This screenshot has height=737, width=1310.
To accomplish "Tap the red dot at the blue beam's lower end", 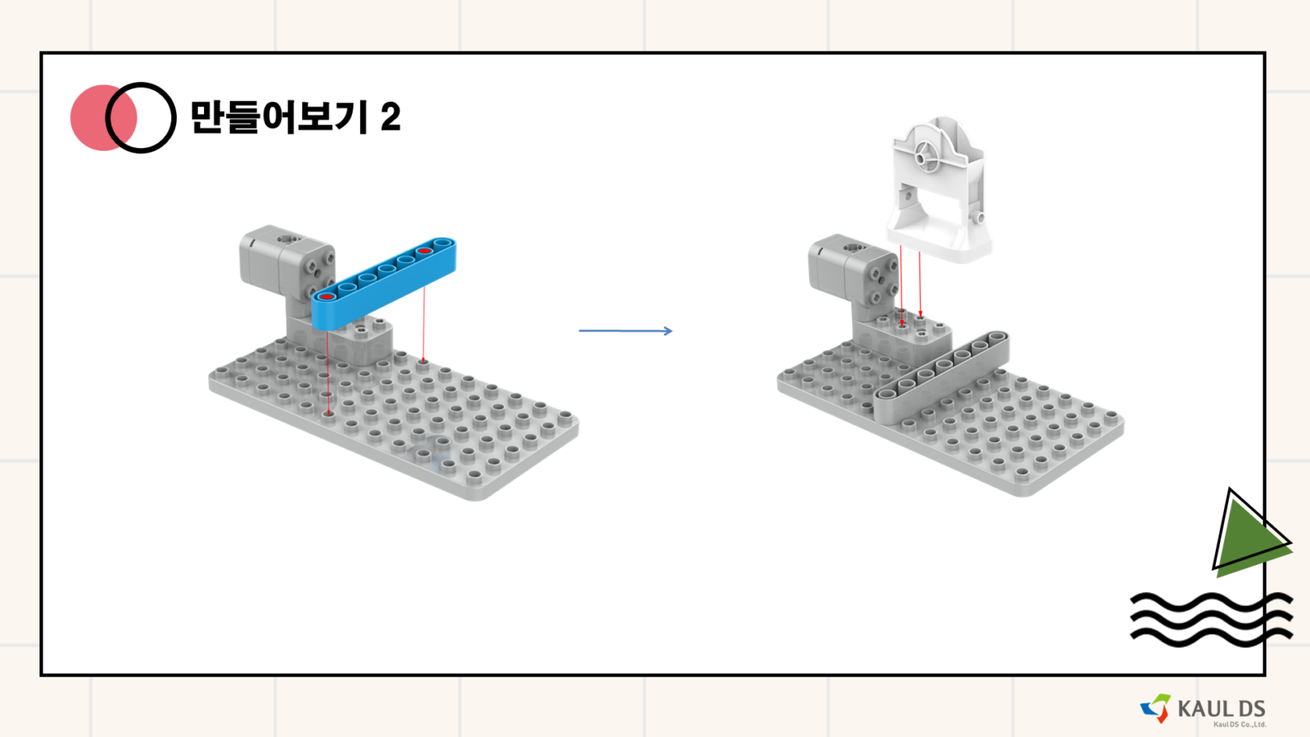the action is pos(327,297).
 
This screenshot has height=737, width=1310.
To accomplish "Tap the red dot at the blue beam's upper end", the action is pos(424,251).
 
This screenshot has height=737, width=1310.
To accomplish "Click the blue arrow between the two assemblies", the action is pos(626,331).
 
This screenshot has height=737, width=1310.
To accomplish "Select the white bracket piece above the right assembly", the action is pos(938,190).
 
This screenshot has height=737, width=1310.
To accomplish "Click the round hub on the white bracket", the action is pos(927,156).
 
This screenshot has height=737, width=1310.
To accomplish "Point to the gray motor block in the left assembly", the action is pos(287,260).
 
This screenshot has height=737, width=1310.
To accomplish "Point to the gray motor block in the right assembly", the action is pos(852,269).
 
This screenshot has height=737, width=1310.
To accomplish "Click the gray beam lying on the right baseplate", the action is pos(942,378).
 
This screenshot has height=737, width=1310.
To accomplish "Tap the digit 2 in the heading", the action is pos(391,116).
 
